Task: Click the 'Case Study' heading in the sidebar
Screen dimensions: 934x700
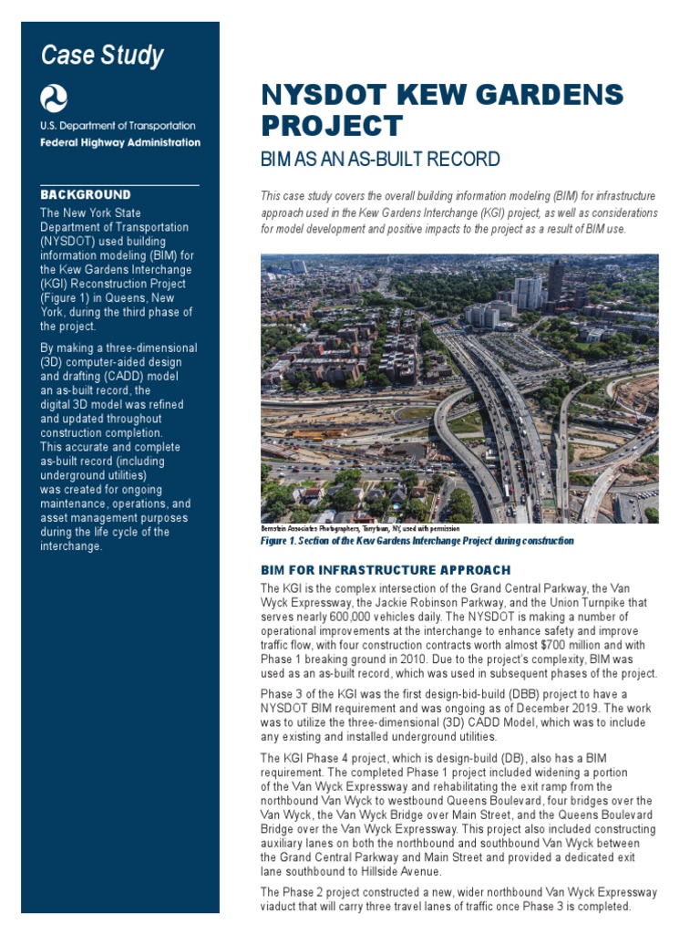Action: (102, 57)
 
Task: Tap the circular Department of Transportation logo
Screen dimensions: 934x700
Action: (53, 99)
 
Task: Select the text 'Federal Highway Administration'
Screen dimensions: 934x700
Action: (120, 142)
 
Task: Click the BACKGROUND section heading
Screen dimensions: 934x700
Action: (86, 195)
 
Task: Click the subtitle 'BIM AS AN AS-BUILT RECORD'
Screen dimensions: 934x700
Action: (380, 160)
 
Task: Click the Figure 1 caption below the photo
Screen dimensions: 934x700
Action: (417, 541)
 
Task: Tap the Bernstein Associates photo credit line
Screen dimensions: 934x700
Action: (360, 528)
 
